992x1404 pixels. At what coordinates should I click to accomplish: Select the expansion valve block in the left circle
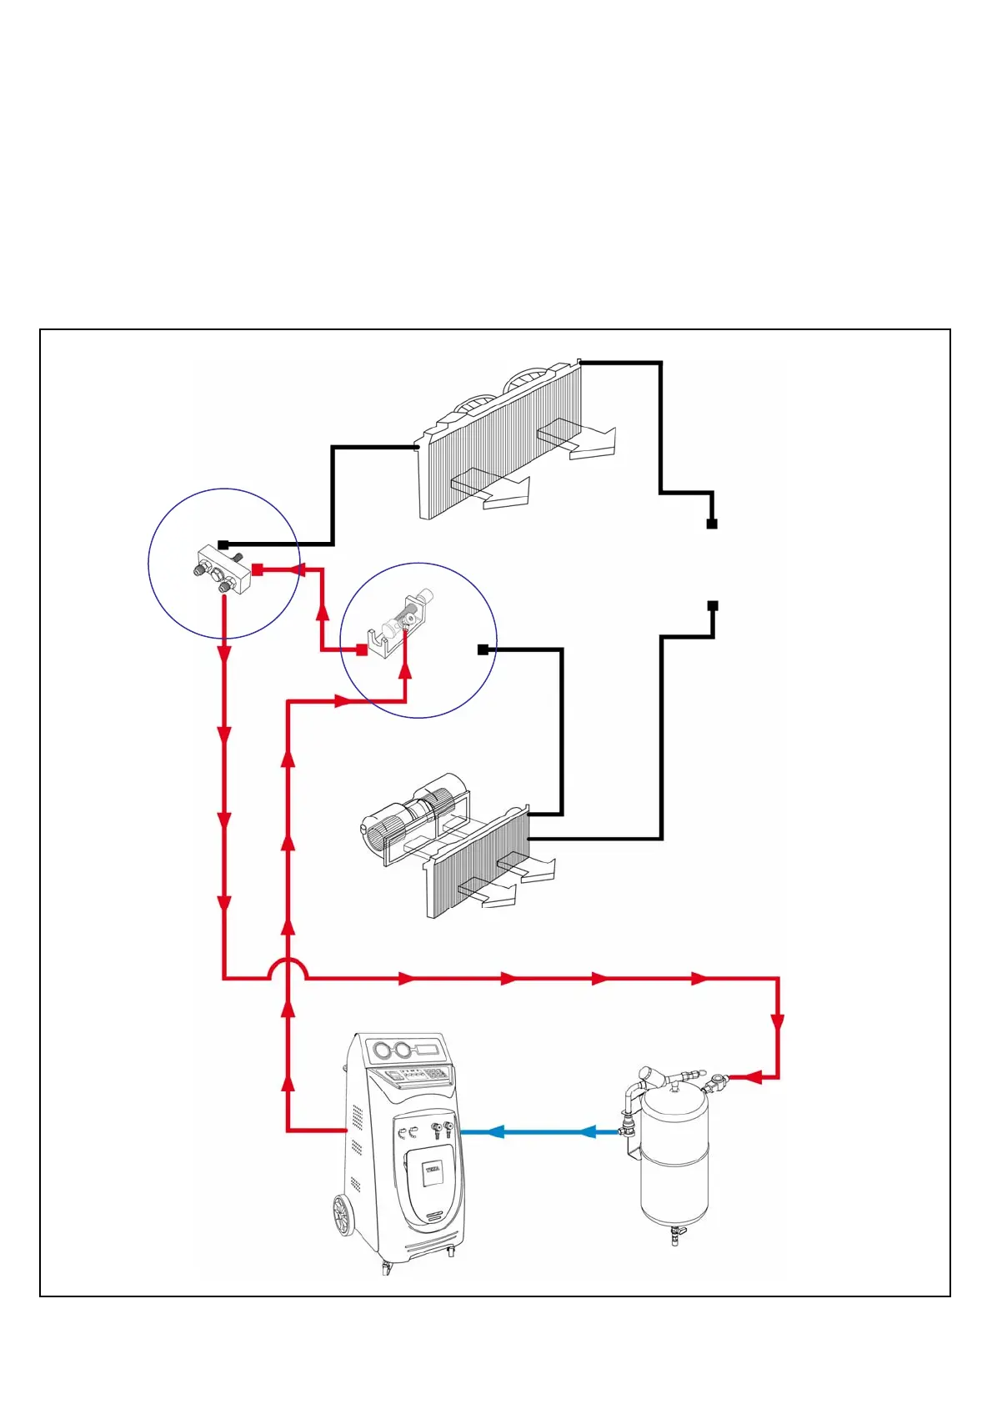(x=223, y=571)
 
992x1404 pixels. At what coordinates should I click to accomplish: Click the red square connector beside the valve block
(x=258, y=569)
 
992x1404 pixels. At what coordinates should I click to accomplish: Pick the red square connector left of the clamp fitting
(x=362, y=649)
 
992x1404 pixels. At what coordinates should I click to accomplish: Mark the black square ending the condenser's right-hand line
(x=711, y=524)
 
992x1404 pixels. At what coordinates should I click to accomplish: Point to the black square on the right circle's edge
(x=483, y=649)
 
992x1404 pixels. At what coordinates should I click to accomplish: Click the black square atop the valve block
(x=223, y=545)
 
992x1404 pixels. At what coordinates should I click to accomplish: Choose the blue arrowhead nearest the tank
(x=589, y=1131)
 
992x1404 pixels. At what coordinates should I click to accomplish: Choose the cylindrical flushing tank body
(x=674, y=1159)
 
